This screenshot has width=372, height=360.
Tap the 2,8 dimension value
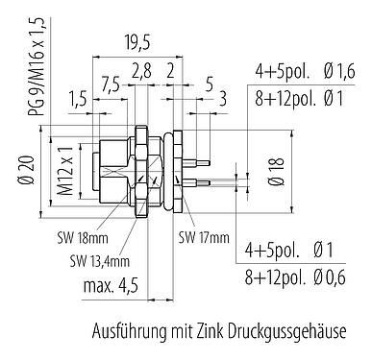tap(141, 71)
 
